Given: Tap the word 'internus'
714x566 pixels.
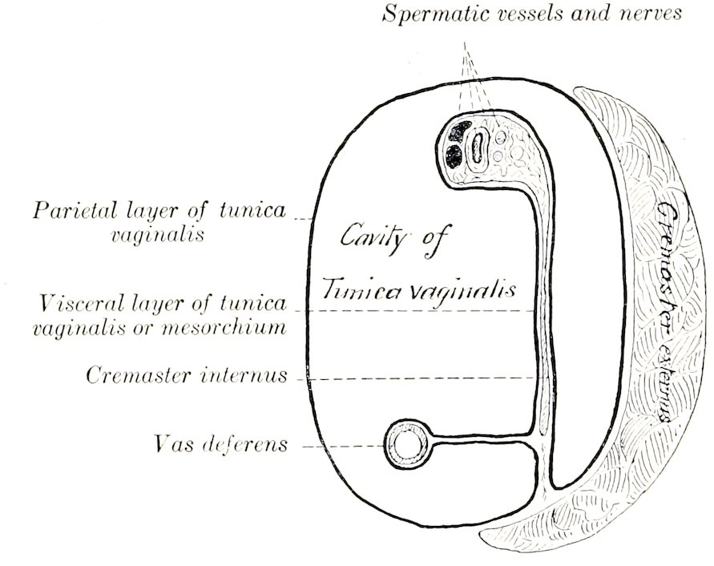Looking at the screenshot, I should point(246,375).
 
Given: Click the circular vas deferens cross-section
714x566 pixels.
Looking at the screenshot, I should point(408,443).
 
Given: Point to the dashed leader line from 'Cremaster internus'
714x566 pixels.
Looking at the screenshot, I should point(417,377).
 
